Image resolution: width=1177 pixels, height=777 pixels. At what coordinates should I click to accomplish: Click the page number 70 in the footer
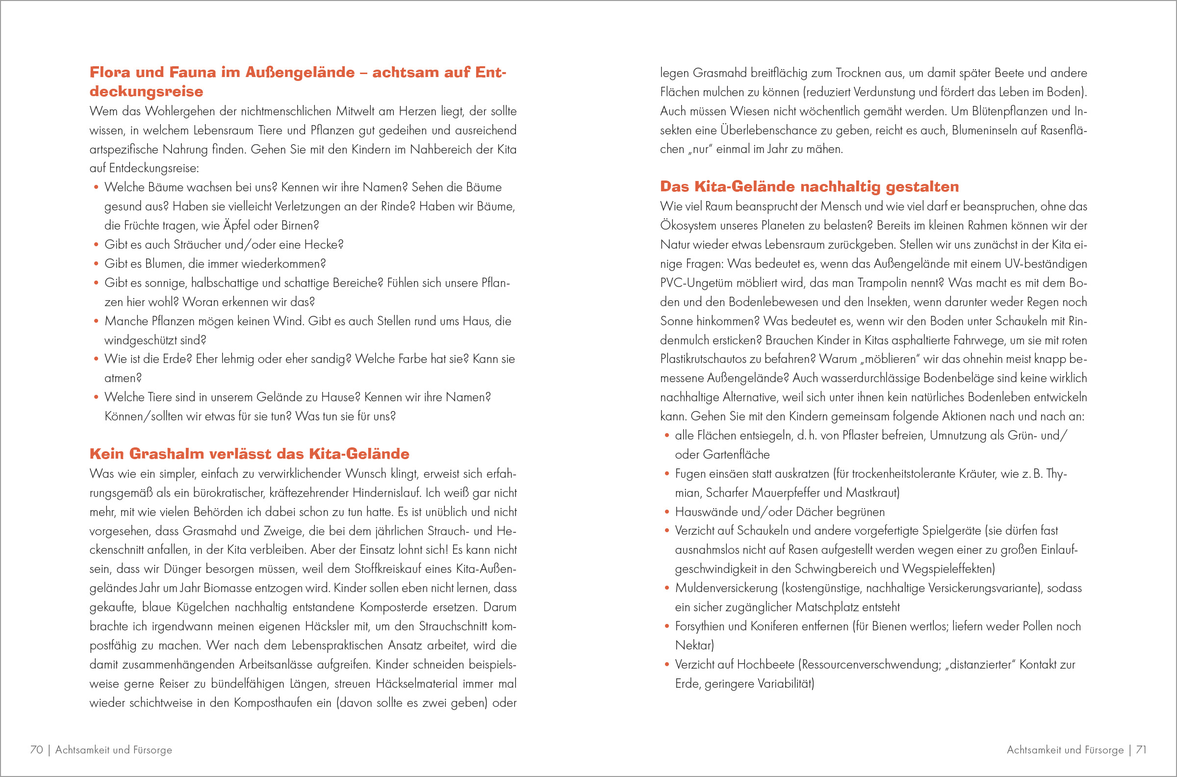click(37, 749)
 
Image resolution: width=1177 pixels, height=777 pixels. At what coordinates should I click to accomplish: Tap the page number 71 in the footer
click(1141, 749)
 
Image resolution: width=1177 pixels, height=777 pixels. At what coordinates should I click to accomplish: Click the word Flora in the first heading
click(110, 72)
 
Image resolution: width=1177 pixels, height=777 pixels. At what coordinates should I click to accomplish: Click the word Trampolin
click(885, 283)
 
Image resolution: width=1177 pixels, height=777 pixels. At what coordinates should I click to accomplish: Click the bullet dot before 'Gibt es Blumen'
click(96, 264)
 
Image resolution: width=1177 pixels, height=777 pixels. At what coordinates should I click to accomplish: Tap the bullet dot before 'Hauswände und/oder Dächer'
click(667, 513)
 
